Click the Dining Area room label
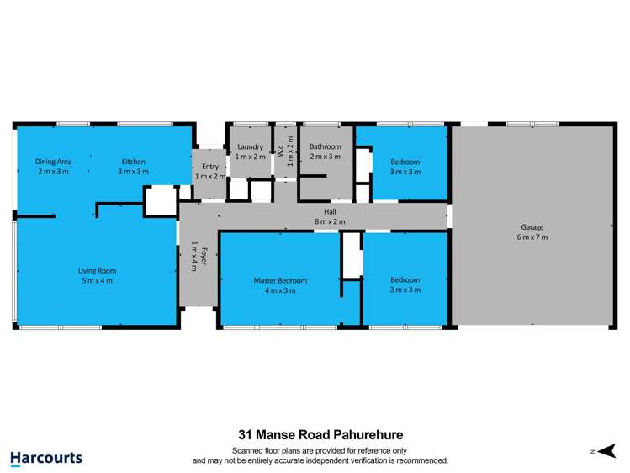tap(52, 162)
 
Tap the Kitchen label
tap(133, 162)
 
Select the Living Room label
tap(97, 271)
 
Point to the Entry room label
tap(209, 167)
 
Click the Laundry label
tap(250, 146)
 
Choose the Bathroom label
tap(326, 146)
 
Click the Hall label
tap(331, 212)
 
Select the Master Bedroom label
tap(280, 280)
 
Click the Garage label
tap(532, 227)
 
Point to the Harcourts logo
tap(46, 458)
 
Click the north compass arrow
tap(607, 451)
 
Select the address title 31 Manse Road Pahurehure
tap(320, 435)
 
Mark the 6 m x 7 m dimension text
tap(532, 237)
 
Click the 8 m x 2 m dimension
tap(331, 222)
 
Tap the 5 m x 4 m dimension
tap(97, 281)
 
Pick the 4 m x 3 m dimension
tap(280, 290)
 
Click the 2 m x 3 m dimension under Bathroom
tap(326, 157)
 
